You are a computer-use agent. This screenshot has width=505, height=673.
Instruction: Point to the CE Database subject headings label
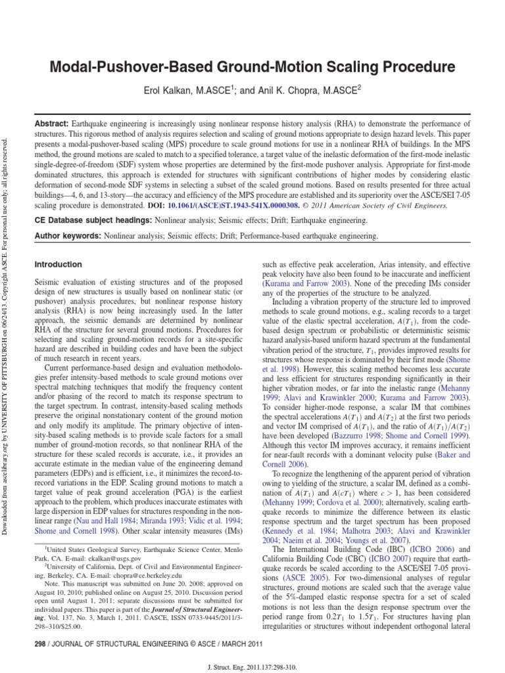(x=90, y=221)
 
